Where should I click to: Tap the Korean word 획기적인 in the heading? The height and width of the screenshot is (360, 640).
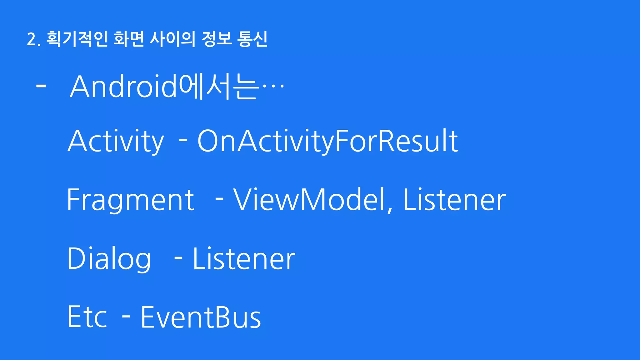click(77, 39)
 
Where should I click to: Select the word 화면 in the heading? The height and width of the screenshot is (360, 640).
click(128, 39)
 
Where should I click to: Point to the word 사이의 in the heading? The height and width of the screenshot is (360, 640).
click(172, 39)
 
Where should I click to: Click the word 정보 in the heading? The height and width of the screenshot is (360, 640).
click(217, 39)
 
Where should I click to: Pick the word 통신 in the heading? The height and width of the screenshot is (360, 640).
click(252, 39)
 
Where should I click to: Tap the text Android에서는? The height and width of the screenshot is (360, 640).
click(164, 87)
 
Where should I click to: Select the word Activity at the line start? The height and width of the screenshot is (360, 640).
click(116, 141)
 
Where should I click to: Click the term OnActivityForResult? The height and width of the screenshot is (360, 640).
click(327, 141)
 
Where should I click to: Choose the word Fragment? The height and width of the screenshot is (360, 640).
click(131, 200)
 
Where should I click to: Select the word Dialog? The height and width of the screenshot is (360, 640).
click(109, 259)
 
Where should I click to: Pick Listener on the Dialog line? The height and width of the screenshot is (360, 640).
click(244, 259)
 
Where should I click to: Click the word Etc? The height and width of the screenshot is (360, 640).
click(87, 317)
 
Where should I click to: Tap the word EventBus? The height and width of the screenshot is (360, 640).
click(201, 317)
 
